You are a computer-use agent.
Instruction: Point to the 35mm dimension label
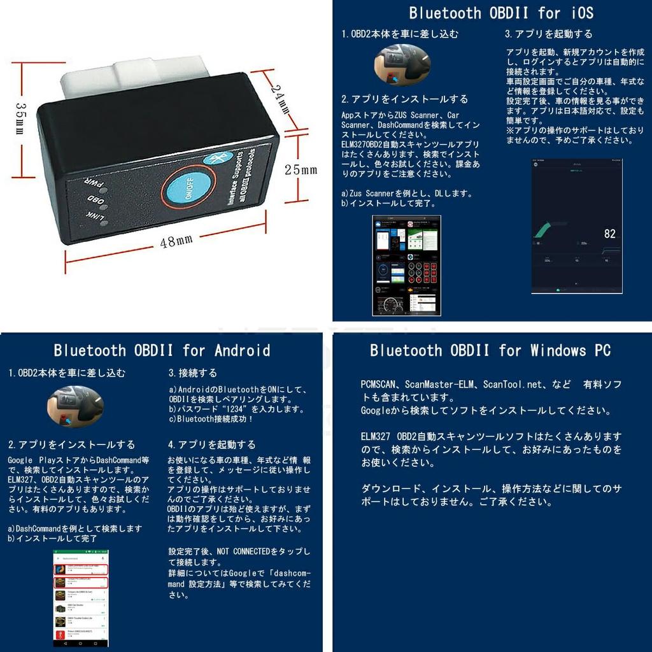coord(20,118)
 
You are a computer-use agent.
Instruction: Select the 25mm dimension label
coord(301,170)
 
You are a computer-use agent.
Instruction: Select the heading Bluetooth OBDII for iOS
coord(501,13)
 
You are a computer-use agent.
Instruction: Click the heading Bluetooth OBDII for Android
coord(162,350)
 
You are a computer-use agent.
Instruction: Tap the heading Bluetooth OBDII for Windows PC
coord(490,350)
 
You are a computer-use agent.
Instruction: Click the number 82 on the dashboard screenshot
coord(609,234)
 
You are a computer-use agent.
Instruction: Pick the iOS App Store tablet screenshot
coord(406,265)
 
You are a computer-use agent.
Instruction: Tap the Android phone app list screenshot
coord(81,598)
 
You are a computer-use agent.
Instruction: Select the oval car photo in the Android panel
coord(76,407)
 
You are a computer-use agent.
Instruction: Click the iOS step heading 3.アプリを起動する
coord(548,34)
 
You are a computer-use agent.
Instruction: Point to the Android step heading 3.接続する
coord(192,373)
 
